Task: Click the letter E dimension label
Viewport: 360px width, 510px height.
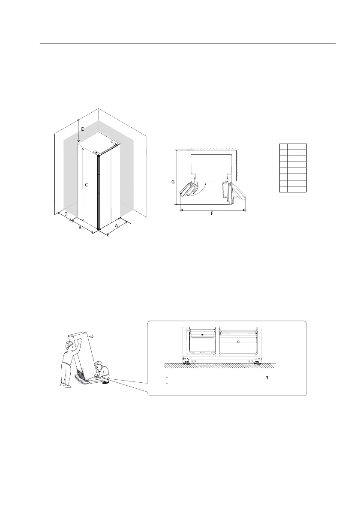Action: coord(83,128)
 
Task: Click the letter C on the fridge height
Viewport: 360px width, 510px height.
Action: coord(86,185)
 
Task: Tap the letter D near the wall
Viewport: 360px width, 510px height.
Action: coord(66,213)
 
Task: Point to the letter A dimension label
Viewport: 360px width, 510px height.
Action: coord(116,225)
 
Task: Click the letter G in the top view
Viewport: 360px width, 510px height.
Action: coord(173,182)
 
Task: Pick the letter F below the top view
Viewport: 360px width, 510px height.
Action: coord(212,213)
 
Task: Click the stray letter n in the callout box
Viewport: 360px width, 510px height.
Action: coord(267,378)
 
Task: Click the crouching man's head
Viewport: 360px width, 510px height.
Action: coord(99,365)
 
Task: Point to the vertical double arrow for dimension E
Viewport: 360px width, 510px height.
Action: coord(78,131)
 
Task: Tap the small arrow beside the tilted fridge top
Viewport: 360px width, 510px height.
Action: coord(91,336)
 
